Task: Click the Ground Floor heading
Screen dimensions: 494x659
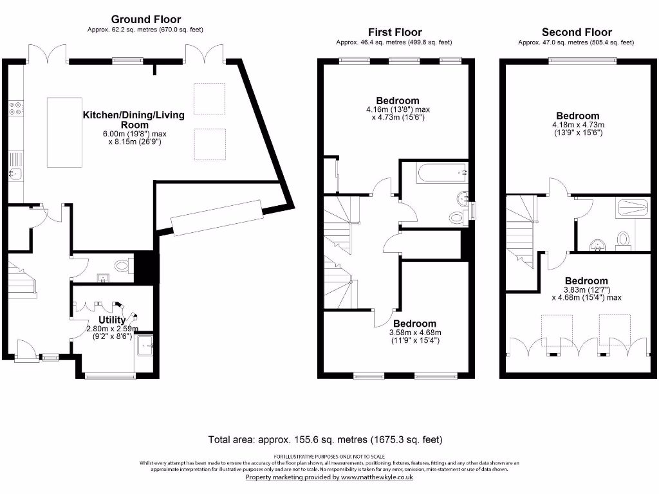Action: pyautogui.click(x=146, y=19)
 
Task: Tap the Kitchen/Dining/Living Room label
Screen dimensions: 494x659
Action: pyautogui.click(x=133, y=120)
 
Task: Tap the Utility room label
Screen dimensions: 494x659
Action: pyautogui.click(x=112, y=320)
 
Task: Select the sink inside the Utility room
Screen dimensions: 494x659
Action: pyautogui.click(x=145, y=344)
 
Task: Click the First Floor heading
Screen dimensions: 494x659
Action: pyautogui.click(x=394, y=32)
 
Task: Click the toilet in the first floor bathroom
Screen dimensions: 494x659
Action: pyautogui.click(x=458, y=217)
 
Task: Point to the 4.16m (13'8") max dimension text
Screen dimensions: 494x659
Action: pyautogui.click(x=397, y=110)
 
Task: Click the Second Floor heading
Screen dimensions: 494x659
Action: pyautogui.click(x=577, y=32)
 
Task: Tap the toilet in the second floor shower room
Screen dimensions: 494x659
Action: pyautogui.click(x=623, y=240)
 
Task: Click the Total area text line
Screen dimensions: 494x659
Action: pyautogui.click(x=325, y=440)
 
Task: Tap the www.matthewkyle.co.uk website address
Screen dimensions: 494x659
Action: pyautogui.click(x=376, y=477)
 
